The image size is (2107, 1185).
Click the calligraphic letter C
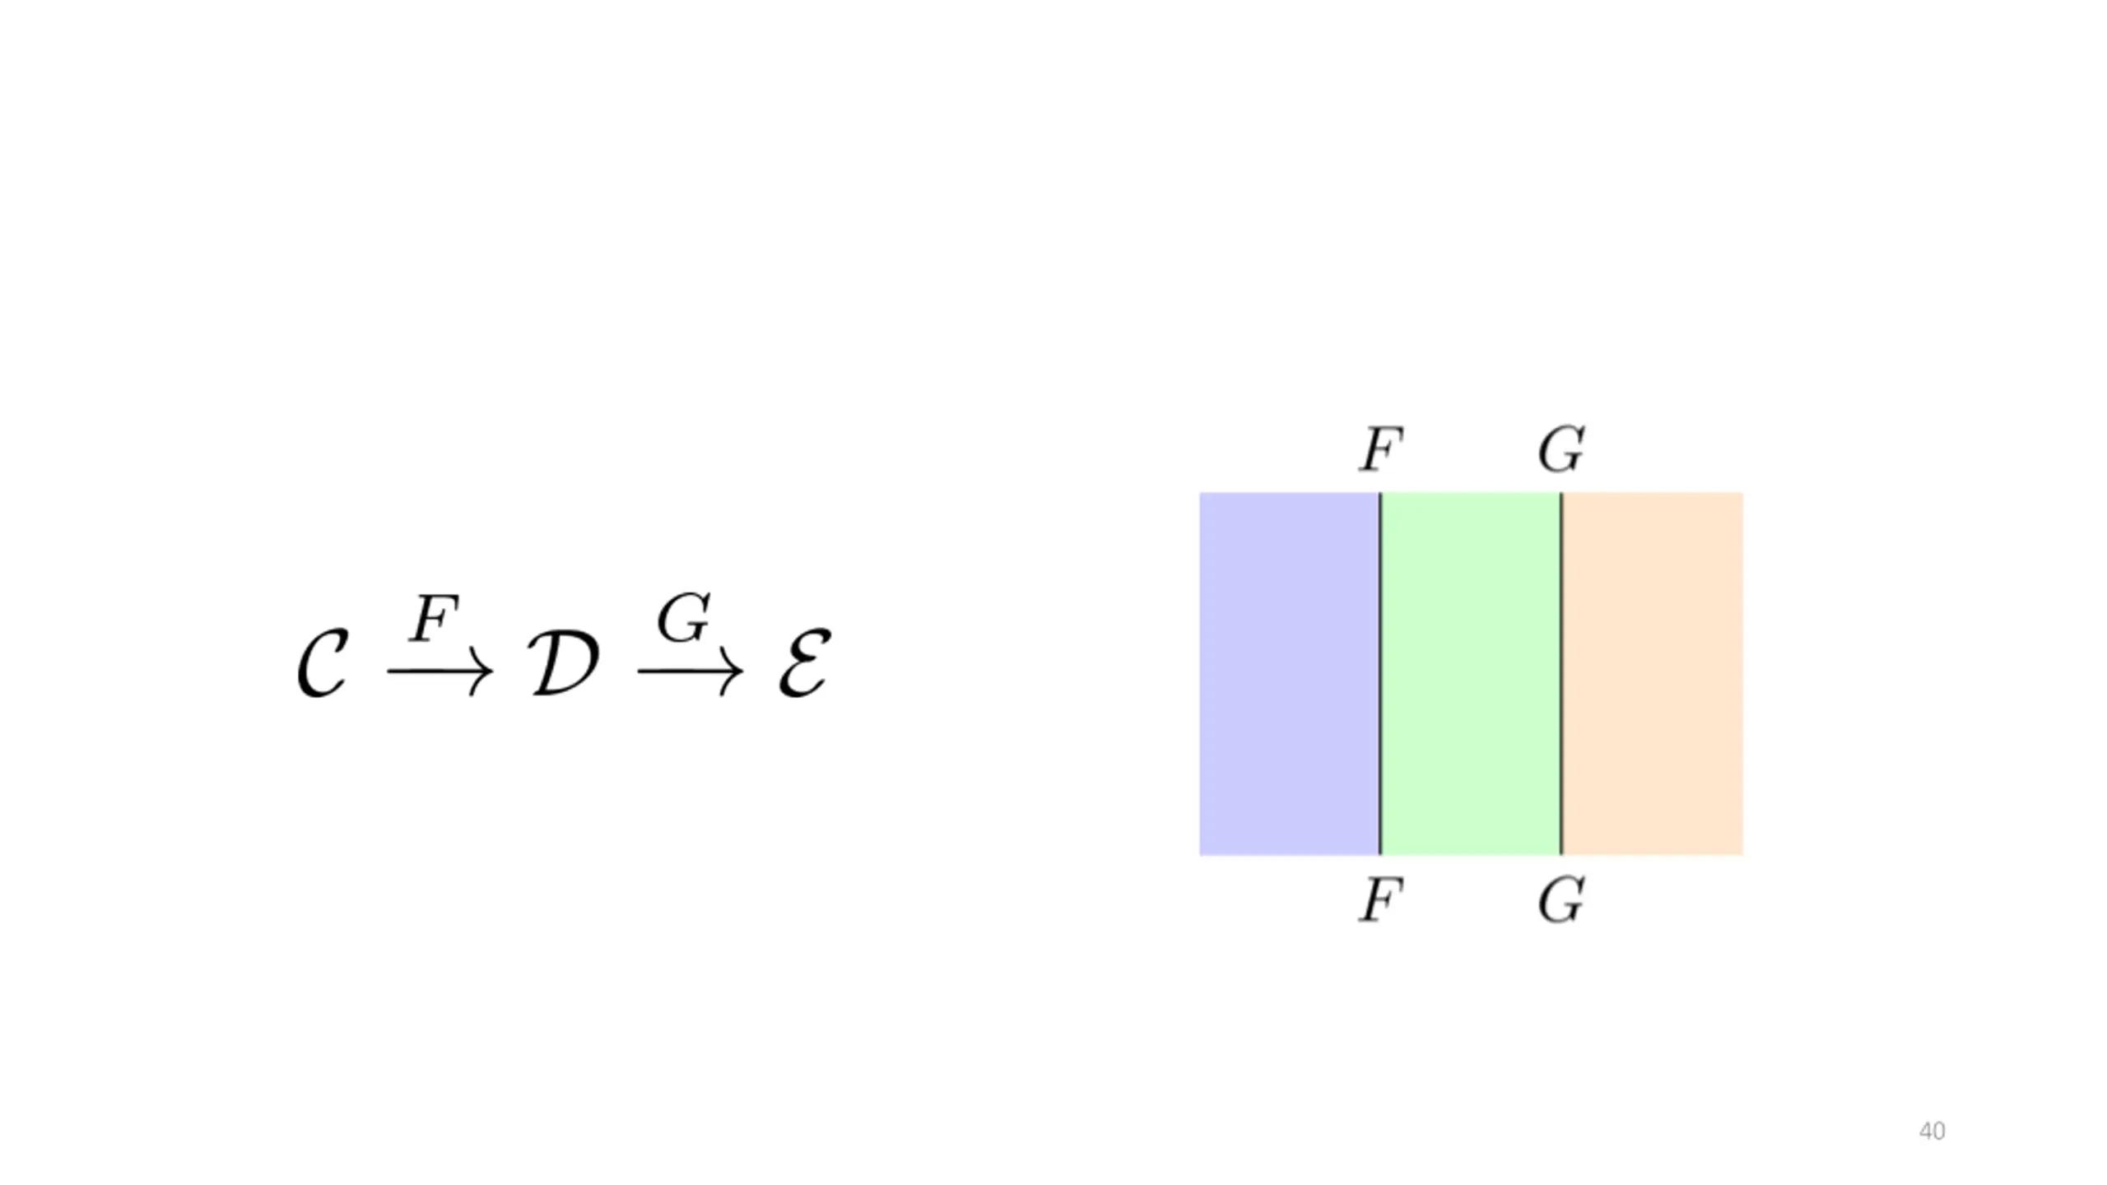click(323, 665)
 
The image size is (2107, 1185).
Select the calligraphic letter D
click(563, 665)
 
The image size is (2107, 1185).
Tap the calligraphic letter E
click(805, 665)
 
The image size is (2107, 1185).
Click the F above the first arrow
click(434, 619)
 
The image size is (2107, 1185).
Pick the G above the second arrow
click(684, 618)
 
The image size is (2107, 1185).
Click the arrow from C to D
click(440, 672)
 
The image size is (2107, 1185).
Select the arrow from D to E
click(691, 672)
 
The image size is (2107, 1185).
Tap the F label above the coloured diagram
click(1380, 450)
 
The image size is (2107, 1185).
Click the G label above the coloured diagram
click(1561, 450)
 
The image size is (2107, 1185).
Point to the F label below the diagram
click(1380, 900)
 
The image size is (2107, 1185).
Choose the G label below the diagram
click(1561, 900)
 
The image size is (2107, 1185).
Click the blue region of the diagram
click(1289, 674)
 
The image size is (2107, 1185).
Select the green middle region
click(1471, 674)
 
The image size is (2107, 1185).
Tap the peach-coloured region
click(1653, 674)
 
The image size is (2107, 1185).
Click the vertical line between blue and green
click(1380, 674)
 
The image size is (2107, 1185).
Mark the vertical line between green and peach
click(1561, 674)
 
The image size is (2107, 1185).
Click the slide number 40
click(1932, 1132)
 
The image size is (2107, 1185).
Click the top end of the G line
click(1561, 493)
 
